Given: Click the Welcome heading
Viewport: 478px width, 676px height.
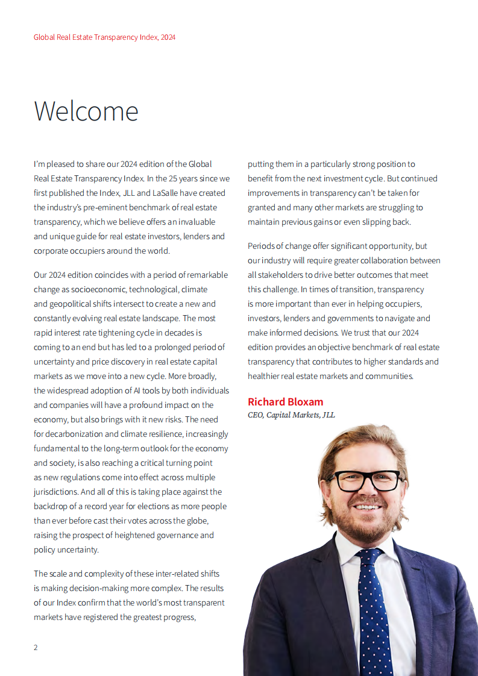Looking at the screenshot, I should [86, 111].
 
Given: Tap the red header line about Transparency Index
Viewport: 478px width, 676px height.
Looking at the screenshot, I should [104, 37].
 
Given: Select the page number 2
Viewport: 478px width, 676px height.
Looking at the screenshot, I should [36, 648].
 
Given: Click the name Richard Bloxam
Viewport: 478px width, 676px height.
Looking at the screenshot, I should [285, 402].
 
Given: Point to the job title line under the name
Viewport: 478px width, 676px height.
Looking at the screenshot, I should [291, 415].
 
